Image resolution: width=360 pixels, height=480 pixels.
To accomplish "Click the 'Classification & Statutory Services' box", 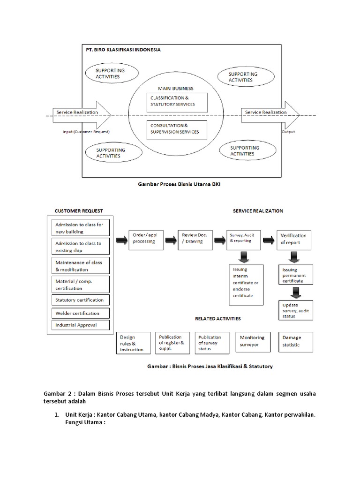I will [176, 101].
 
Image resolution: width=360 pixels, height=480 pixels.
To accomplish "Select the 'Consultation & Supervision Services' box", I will [176, 129].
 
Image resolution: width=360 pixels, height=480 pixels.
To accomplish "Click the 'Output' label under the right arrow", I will [288, 132].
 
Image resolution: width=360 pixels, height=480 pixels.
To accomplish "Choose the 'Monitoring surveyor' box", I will [252, 342].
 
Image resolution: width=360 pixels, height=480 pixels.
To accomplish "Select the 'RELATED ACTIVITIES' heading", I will [217, 319].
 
